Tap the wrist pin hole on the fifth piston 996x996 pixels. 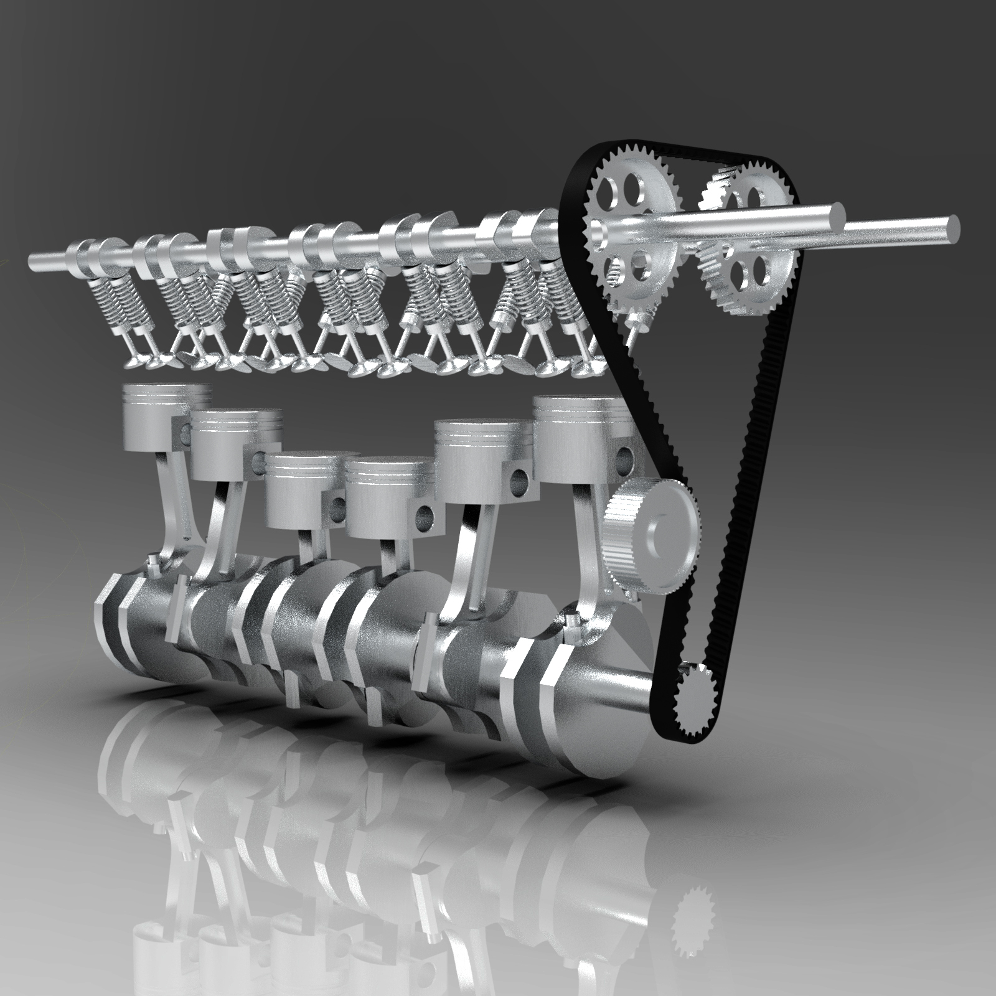(518, 478)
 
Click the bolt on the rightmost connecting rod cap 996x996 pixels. (571, 621)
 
